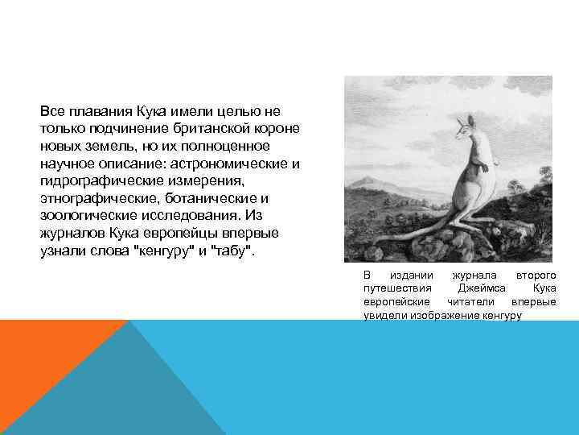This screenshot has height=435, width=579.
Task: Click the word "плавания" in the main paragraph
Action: click(89, 110)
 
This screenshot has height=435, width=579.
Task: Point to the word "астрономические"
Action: click(232, 164)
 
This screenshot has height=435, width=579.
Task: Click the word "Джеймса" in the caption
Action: click(480, 288)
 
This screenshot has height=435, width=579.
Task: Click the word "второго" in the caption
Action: click(535, 275)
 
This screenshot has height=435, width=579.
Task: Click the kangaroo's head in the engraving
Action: click(463, 129)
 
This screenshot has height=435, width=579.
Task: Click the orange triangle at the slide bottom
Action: click(40, 362)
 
